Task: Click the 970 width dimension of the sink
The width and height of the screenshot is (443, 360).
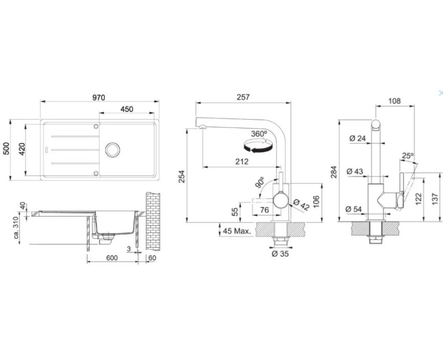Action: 99,97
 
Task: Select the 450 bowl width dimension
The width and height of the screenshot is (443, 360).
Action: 127,109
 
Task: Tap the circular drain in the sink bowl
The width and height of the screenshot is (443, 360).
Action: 112,150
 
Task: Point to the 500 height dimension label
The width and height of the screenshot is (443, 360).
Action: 6,148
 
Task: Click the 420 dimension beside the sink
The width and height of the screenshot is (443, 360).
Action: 22,149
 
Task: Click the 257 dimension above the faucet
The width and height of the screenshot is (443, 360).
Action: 243,97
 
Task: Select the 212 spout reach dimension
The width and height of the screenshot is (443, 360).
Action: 242,162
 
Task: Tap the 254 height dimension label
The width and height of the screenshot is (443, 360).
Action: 182,176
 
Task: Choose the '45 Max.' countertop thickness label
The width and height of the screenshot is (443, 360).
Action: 237,231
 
